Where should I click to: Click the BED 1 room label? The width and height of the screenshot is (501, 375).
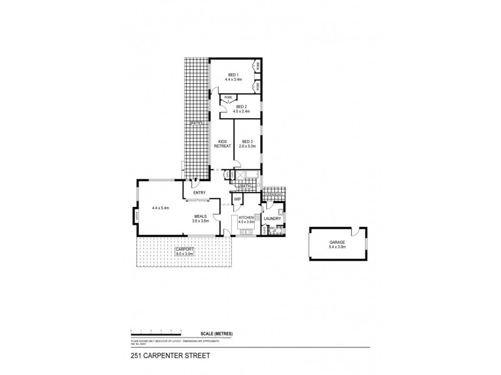pos(234,75)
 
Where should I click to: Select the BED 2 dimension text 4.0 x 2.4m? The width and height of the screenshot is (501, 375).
pos(241,112)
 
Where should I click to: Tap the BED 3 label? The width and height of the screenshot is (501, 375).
pos(247,142)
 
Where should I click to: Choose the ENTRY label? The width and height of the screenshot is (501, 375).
pos(200,192)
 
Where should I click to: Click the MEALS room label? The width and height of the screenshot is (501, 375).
pos(200,216)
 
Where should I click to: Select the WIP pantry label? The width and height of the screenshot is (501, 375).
pos(237,199)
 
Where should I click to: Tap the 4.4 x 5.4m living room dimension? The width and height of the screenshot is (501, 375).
pos(161,208)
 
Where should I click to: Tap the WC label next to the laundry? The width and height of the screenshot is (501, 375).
pos(272,229)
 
